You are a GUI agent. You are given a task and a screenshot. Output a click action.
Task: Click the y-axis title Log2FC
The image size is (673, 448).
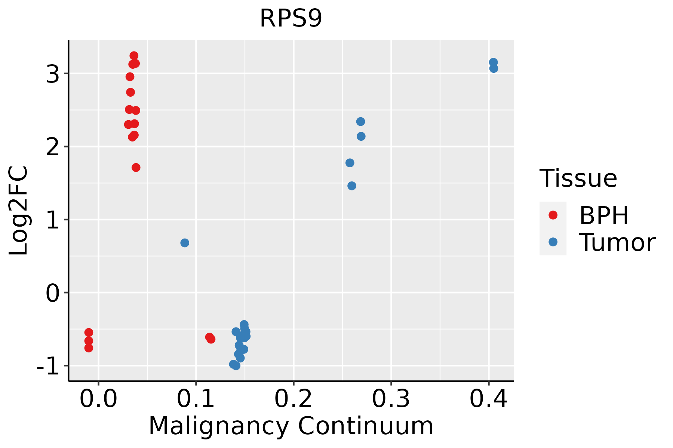[x=19, y=211]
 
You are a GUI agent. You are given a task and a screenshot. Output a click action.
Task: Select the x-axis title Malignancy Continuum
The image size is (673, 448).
[x=291, y=426]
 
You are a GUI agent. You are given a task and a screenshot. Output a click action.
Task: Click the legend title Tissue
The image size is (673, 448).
[x=578, y=178]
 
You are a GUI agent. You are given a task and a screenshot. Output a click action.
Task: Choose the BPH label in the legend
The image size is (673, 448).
[x=604, y=215]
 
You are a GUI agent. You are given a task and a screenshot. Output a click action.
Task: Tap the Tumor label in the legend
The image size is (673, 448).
[x=617, y=243]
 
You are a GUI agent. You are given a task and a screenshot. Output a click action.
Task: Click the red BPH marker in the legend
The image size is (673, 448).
[x=553, y=215]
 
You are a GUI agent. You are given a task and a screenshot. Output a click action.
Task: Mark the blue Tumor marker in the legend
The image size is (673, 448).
[x=553, y=242]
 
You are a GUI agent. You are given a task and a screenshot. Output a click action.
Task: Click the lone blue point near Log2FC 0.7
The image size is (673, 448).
[x=185, y=243]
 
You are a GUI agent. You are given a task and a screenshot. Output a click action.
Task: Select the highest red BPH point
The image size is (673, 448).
[x=134, y=56]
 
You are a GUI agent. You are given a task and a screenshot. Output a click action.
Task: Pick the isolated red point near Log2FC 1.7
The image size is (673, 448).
[x=136, y=168]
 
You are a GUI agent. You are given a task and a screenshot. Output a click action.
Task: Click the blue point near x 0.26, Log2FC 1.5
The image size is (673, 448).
[x=352, y=186]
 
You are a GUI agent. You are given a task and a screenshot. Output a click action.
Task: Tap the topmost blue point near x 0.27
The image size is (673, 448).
[x=360, y=122]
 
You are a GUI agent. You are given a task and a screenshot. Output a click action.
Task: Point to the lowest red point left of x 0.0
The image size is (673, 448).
[x=89, y=348]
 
